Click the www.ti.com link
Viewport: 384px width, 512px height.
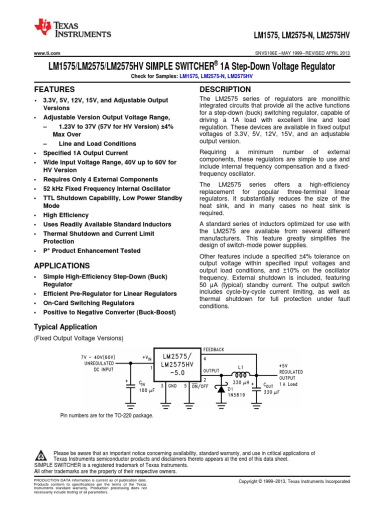tap(47, 53)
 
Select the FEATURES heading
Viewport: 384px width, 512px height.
tap(54, 89)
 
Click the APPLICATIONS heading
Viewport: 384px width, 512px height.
tap(61, 265)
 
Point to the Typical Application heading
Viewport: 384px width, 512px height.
tap(65, 327)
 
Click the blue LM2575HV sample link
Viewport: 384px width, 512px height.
tap(240, 75)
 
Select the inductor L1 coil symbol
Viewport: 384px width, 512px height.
tap(240, 374)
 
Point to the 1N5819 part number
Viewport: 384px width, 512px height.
tap(236, 394)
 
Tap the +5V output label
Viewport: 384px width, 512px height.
tap(283, 366)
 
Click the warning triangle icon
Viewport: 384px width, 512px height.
tap(41, 455)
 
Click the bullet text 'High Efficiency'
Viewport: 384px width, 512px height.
tap(66, 215)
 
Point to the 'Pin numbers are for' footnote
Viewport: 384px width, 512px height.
tap(106, 415)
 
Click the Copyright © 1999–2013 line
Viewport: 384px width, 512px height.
tap(294, 481)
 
